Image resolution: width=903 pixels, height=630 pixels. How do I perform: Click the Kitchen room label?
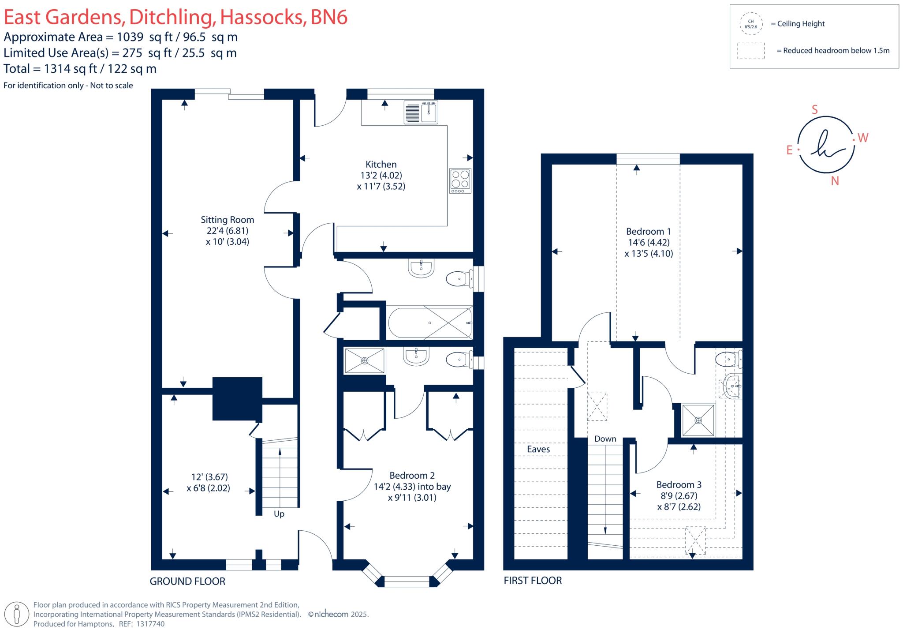point(381,164)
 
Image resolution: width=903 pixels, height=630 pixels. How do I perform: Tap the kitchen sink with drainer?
point(421,112)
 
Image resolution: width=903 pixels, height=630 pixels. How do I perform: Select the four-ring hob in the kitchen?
point(460,180)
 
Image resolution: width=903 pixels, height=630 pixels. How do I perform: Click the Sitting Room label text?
point(227,220)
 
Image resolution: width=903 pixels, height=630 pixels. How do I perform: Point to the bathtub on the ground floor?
point(429,323)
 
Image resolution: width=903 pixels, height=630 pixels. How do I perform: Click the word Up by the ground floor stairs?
point(279,514)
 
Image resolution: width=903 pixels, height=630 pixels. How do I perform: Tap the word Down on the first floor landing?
point(605,439)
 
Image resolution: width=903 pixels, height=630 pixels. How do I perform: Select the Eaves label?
point(538,449)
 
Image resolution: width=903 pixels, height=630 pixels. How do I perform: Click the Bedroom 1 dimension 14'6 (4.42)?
point(649,243)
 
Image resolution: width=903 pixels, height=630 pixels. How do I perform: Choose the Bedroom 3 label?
point(679,484)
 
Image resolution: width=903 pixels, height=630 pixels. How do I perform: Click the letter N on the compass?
point(835,181)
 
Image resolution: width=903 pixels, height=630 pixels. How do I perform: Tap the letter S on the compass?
point(814,110)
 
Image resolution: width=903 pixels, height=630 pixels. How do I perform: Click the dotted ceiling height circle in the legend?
point(750,24)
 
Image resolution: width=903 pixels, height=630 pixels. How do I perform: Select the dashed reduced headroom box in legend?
point(750,51)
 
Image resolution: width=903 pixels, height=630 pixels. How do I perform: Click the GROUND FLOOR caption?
point(187,581)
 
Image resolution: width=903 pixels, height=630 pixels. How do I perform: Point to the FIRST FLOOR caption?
point(533,581)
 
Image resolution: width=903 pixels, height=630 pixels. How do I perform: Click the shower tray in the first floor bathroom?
point(698,420)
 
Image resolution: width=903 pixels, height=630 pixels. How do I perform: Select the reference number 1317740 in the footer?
point(150,624)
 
